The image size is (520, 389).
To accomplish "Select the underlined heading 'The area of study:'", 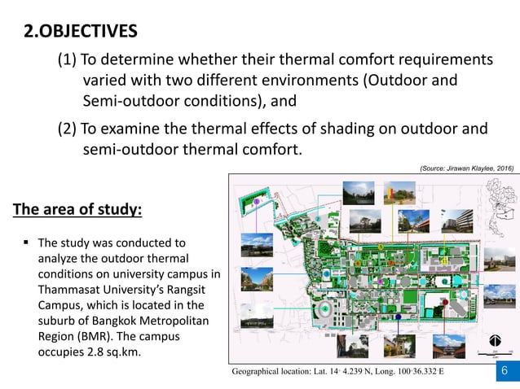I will coord(77,211).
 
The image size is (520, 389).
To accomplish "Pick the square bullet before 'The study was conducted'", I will coord(27,243).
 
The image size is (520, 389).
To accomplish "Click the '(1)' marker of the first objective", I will coord(68,60).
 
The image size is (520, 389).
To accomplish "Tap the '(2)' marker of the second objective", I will coord(68,129).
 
